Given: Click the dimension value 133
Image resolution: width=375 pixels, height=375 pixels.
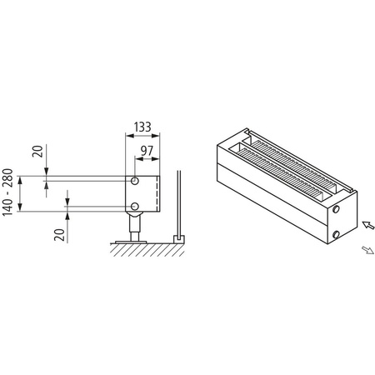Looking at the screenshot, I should point(141,127).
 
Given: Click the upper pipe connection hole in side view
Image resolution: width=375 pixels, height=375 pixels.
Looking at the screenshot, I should point(133,181).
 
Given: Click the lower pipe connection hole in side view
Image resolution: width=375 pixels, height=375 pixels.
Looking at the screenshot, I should point(133,207).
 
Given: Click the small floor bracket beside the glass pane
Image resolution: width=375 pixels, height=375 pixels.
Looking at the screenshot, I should point(177,239).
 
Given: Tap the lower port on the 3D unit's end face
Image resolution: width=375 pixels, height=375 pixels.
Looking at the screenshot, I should point(335,236).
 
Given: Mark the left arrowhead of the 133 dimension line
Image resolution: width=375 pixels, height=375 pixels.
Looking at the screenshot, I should point(127,136).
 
